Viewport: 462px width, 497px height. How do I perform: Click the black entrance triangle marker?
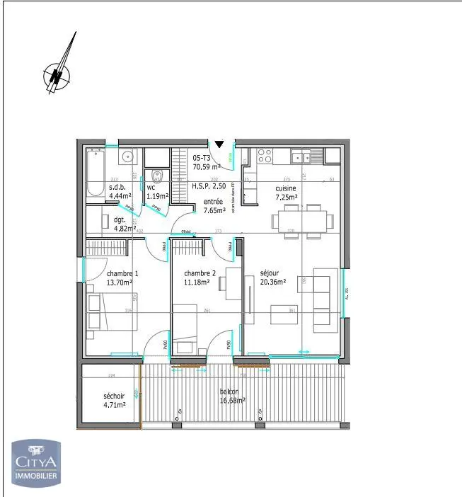click(219, 144)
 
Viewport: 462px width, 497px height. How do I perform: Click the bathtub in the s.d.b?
click(96, 173)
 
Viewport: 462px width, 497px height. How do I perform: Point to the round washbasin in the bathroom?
click(127, 156)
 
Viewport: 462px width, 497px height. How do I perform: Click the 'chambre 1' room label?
click(122, 274)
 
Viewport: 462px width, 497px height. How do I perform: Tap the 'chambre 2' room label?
click(200, 274)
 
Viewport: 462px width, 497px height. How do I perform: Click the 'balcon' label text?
click(229, 392)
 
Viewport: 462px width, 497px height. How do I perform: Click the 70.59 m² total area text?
click(207, 168)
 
